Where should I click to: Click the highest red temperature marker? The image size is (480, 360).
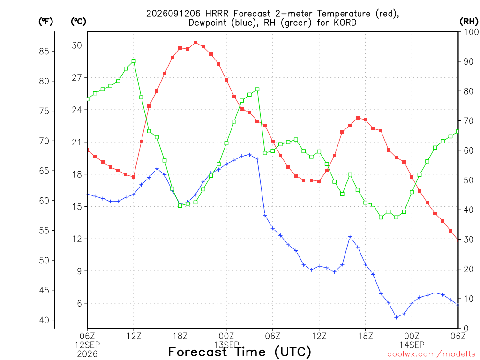click(195, 43)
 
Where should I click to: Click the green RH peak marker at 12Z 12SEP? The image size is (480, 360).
click(134, 61)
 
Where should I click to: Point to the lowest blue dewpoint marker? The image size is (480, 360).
click(397, 317)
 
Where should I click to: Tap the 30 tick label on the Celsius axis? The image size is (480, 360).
click(77, 45)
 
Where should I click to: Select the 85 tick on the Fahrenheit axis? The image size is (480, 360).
click(44, 52)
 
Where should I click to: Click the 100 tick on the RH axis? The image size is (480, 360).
click(472, 32)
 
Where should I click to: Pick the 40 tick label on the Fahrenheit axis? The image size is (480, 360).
click(44, 320)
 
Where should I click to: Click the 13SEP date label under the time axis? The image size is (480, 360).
click(226, 345)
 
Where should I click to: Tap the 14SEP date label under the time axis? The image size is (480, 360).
click(412, 345)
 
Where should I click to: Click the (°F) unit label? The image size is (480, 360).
click(45, 22)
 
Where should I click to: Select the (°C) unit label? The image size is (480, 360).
click(78, 22)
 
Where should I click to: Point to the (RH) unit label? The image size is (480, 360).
click(469, 22)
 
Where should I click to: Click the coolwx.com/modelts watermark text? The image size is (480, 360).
click(431, 354)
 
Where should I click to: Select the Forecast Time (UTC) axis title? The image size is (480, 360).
click(240, 352)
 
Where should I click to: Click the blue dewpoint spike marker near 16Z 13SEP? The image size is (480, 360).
click(350, 237)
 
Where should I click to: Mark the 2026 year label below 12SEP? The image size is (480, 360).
click(87, 354)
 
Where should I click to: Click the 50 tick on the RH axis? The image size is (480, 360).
click(469, 180)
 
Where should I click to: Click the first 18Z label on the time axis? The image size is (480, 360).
click(180, 336)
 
